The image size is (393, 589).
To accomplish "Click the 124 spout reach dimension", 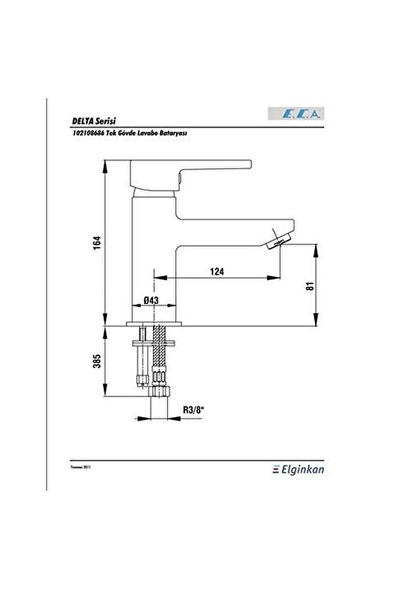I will [x=217, y=270].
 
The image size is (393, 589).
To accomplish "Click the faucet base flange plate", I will [x=155, y=324].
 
